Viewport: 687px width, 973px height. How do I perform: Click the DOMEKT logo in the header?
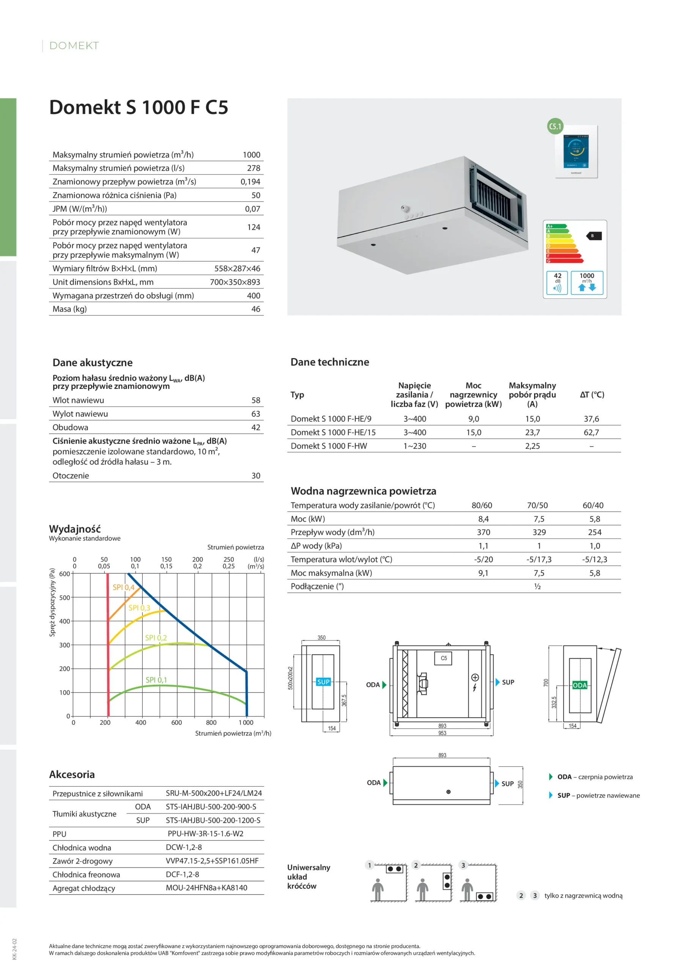tap(74, 46)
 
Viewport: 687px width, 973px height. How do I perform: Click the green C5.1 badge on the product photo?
tap(555, 126)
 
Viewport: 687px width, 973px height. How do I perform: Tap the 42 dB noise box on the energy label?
tap(557, 282)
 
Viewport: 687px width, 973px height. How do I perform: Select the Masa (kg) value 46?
tap(256, 309)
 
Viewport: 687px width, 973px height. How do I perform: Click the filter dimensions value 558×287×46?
tap(237, 268)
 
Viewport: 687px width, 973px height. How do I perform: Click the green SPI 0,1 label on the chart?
tap(156, 680)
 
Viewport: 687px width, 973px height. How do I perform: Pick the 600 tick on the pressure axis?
tap(65, 574)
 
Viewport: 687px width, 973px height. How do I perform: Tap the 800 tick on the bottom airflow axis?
tap(211, 723)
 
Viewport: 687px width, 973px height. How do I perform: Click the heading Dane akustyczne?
tap(92, 362)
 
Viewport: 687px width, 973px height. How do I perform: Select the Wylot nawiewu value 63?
tap(256, 414)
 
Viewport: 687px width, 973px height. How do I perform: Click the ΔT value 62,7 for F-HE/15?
tap(591, 432)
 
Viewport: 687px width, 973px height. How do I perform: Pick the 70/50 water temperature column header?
tap(537, 505)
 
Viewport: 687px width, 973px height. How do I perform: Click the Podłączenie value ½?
tap(537, 586)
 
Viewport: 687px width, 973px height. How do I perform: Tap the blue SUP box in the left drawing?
tap(323, 682)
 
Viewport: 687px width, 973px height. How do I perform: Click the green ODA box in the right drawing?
tap(580, 685)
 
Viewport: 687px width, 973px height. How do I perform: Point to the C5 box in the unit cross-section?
tap(444, 658)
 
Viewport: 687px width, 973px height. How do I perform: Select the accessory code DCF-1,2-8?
tap(183, 874)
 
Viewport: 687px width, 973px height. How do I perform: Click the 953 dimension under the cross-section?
tap(442, 733)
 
